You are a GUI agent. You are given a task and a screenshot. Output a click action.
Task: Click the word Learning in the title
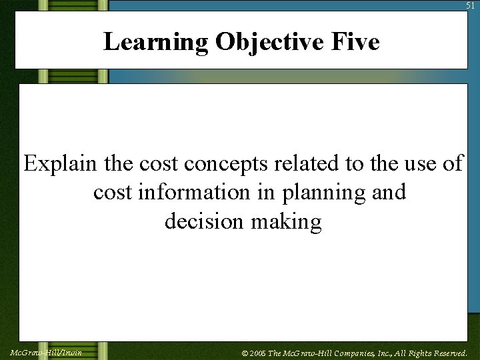(x=156, y=42)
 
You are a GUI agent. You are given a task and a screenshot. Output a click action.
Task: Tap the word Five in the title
(x=358, y=42)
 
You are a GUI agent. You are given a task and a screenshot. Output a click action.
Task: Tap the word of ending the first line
(x=452, y=163)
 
